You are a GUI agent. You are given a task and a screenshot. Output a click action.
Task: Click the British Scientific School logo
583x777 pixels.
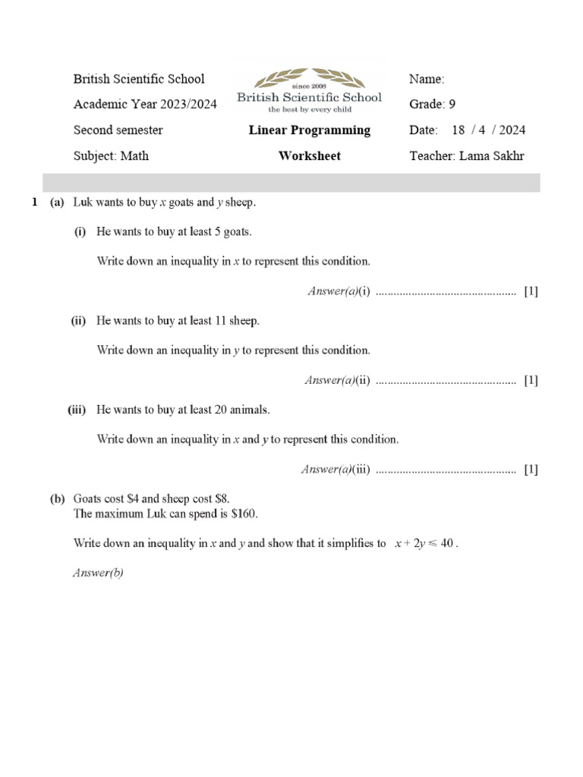pos(309,90)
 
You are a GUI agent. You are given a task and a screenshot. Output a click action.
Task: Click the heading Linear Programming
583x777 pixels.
pos(310,130)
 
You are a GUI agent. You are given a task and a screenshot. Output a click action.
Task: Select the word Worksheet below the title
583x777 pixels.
pos(310,156)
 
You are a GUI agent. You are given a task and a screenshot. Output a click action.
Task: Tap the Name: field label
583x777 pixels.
pos(427,79)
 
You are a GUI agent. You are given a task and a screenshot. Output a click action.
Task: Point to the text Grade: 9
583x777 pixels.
pos(432,105)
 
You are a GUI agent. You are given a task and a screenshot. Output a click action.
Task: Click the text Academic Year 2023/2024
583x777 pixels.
pos(145,105)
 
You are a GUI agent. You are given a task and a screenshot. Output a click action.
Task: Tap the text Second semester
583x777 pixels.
pos(118,130)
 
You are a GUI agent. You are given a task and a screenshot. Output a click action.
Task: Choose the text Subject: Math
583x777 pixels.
pos(111,156)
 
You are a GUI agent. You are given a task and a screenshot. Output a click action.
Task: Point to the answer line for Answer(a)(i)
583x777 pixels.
pos(446,292)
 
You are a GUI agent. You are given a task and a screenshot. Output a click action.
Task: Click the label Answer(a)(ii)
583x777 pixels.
pos(337,380)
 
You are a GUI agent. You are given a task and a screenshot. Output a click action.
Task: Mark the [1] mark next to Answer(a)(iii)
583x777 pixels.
pos(531,470)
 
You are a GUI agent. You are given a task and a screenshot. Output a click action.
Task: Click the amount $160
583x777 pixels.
pos(243,514)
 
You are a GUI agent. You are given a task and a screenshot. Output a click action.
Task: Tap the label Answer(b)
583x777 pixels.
pos(98,574)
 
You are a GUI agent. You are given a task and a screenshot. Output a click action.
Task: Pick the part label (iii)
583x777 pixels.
pos(77,410)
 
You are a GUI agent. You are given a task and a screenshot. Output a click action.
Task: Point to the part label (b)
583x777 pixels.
pos(58,499)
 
